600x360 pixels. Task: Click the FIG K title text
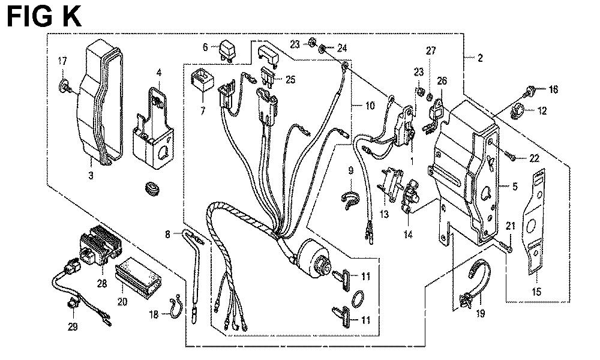43,17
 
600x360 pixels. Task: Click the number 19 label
480,313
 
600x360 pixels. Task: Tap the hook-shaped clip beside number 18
174,307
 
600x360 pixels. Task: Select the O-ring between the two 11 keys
355,297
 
